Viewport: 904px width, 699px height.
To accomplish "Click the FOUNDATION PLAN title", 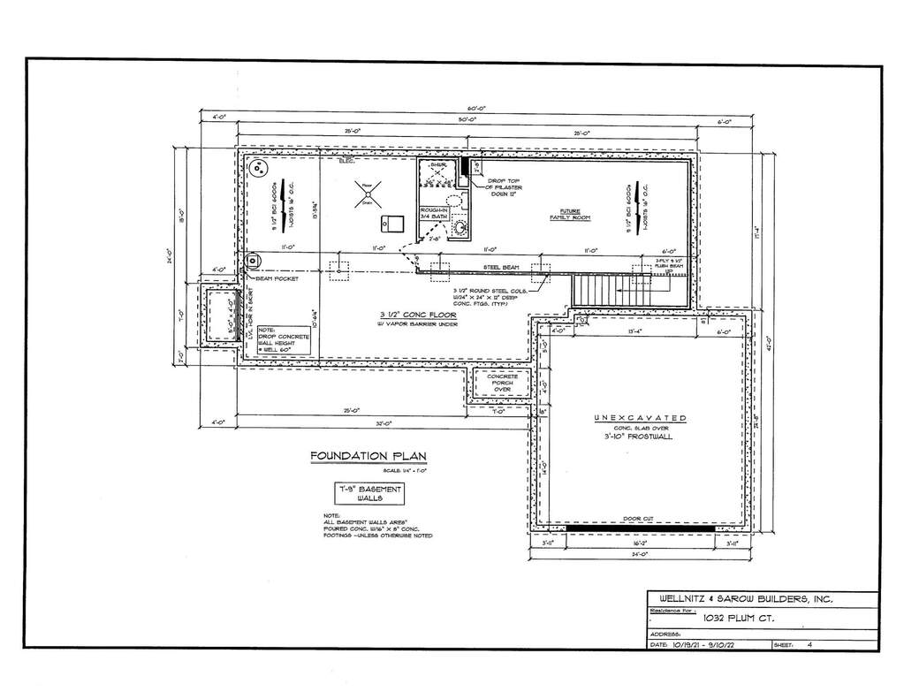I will (368, 456).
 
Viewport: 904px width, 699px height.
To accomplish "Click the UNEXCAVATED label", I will (640, 418).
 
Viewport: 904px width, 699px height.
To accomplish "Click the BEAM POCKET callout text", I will (277, 278).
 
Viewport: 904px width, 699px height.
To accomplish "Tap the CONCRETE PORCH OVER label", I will (502, 382).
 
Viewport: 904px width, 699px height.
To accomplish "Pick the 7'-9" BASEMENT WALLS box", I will (368, 493).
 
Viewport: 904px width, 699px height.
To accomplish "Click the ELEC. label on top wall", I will (346, 162).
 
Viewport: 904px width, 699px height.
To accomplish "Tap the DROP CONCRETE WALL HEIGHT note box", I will (284, 340).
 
